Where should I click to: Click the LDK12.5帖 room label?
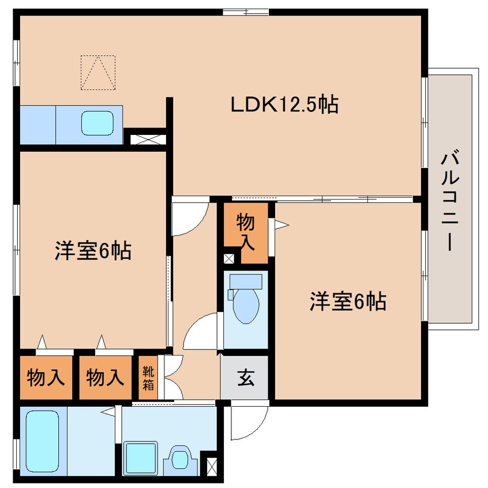point(284,104)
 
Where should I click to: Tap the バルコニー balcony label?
point(450,201)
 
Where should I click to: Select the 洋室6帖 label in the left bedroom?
point(93,250)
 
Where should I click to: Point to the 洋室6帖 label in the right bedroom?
point(348,301)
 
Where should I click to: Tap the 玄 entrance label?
point(246,378)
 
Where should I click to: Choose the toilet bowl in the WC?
point(246,306)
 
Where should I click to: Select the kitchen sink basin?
point(97,123)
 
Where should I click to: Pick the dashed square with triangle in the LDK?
point(98,73)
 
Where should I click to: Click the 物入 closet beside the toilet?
point(246,233)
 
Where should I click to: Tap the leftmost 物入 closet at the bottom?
point(46,377)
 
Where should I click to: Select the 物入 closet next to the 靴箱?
point(106,377)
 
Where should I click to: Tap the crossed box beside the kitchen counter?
point(148,140)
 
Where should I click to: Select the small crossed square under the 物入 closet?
point(228,258)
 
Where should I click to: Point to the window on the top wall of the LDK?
point(246,12)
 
